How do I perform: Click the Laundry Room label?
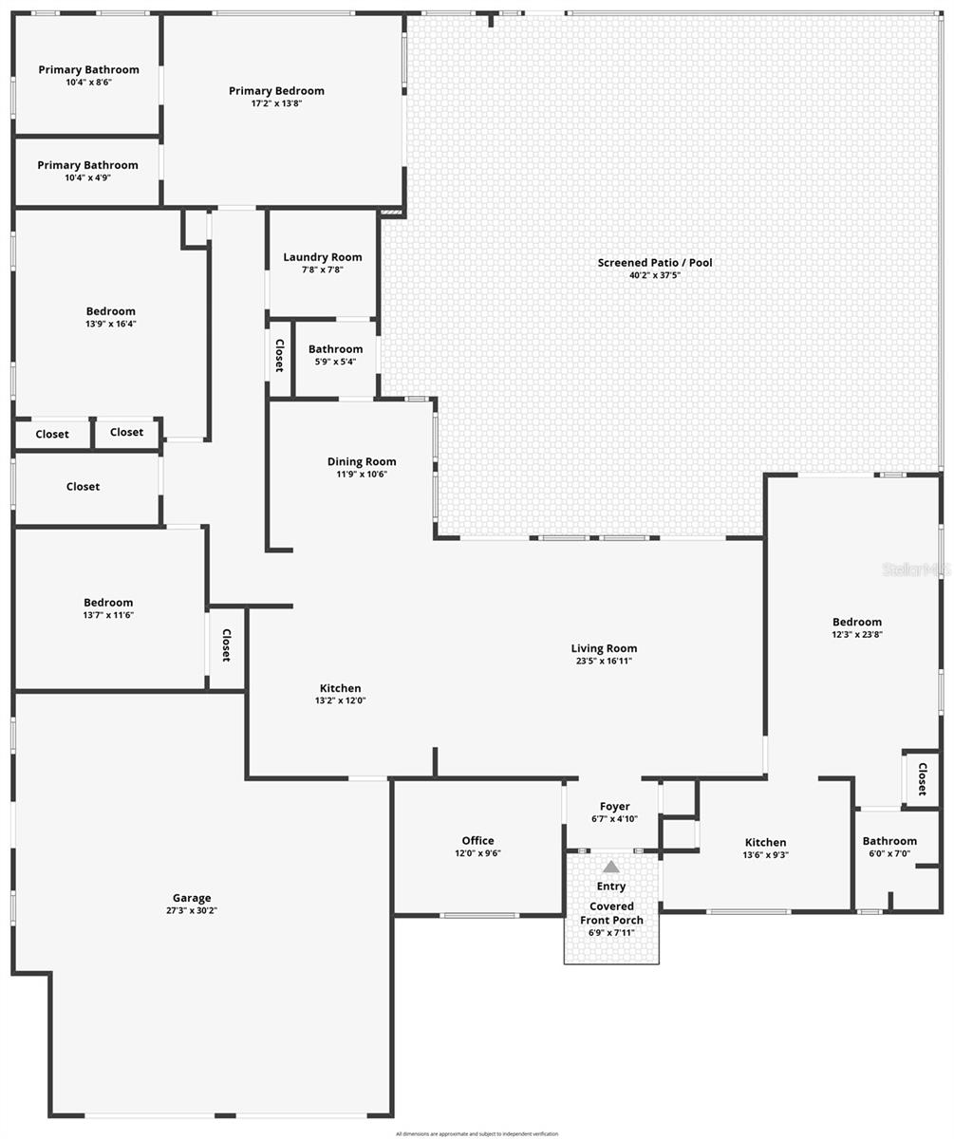click(x=323, y=256)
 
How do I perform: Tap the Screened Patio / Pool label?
click(x=655, y=262)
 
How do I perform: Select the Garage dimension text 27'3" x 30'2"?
click(x=192, y=911)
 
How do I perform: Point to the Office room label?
click(x=477, y=840)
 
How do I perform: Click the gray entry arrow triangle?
click(x=611, y=867)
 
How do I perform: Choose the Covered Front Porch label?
click(x=611, y=913)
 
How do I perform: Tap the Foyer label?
click(x=614, y=807)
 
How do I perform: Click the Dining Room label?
click(x=362, y=461)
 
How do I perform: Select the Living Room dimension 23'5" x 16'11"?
click(x=604, y=662)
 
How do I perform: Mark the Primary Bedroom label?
click(x=276, y=91)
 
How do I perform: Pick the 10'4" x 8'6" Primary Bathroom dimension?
click(x=88, y=83)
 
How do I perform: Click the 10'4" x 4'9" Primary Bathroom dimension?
click(x=87, y=177)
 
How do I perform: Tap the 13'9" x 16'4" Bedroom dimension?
click(x=110, y=324)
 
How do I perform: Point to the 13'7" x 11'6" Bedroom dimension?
click(x=108, y=615)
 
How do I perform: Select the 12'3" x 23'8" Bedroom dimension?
click(x=857, y=635)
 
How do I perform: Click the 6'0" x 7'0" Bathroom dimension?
click(x=889, y=853)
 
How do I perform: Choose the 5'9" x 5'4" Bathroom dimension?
click(x=335, y=362)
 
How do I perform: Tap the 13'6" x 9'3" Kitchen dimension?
click(x=765, y=855)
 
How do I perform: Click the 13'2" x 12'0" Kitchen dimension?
click(x=340, y=701)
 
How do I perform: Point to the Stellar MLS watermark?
click(x=916, y=569)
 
